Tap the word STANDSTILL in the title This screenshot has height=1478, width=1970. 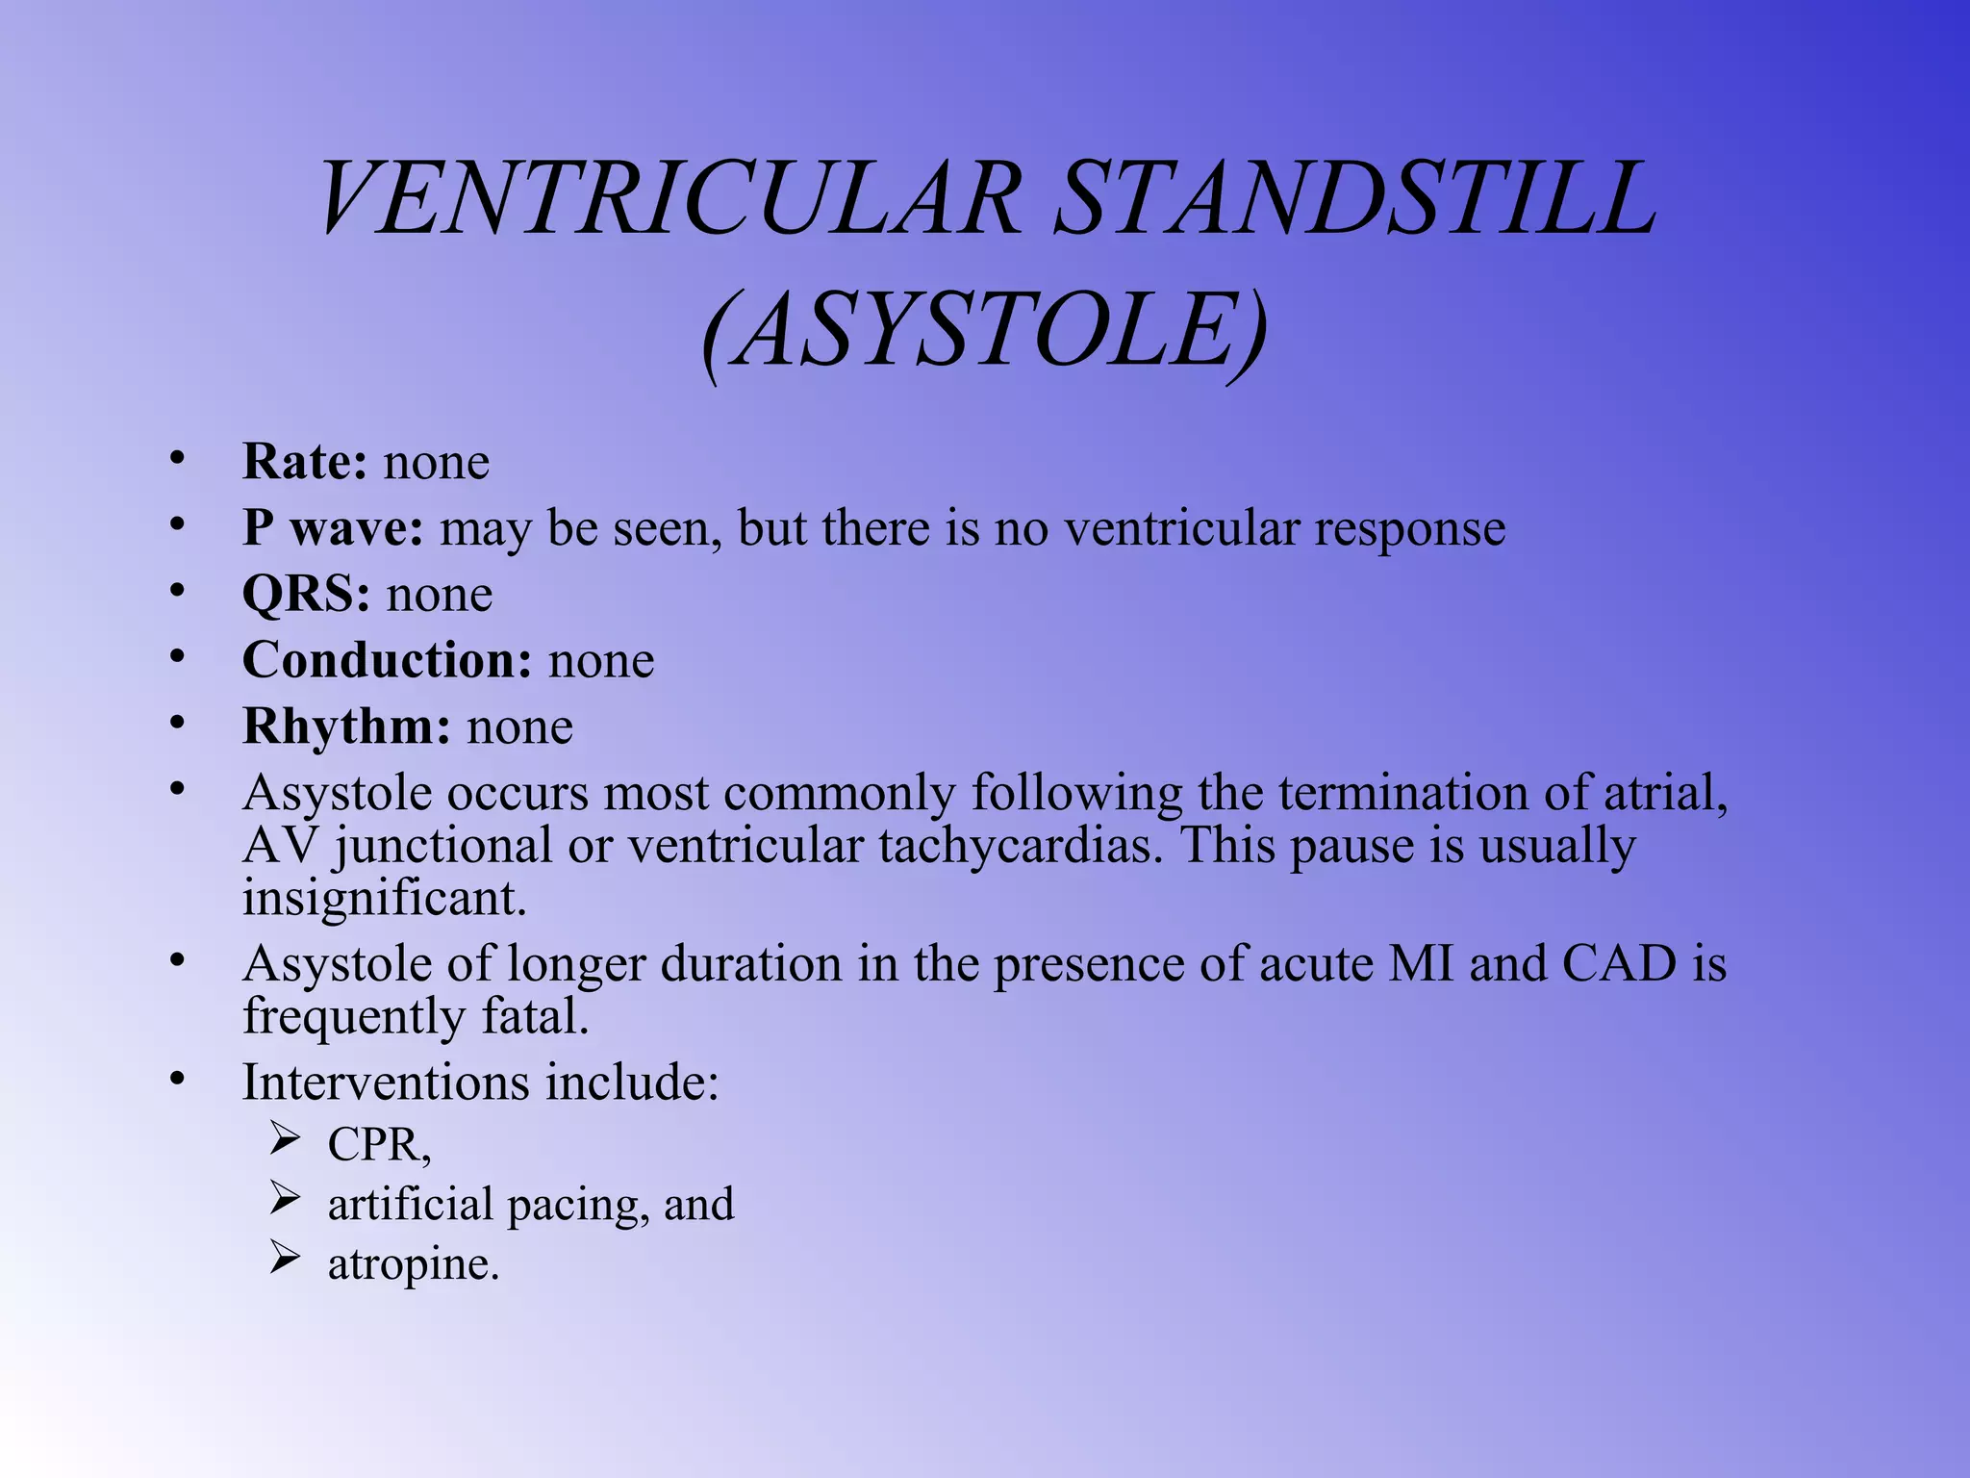click(x=1354, y=199)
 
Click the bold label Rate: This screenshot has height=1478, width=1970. click(x=304, y=462)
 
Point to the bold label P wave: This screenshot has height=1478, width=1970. click(x=332, y=528)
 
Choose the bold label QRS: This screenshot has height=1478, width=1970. click(x=306, y=594)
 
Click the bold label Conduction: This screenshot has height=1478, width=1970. click(x=387, y=660)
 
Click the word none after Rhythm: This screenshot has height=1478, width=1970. click(x=520, y=726)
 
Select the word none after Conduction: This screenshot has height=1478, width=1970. click(x=601, y=660)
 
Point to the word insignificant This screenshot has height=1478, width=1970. click(x=384, y=898)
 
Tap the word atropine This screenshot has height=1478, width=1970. click(x=413, y=1264)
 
